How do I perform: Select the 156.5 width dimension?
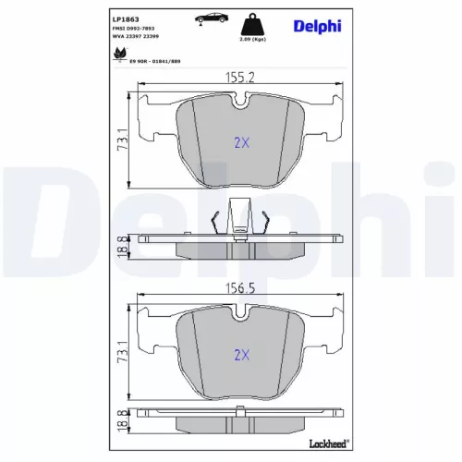pos(239,287)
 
